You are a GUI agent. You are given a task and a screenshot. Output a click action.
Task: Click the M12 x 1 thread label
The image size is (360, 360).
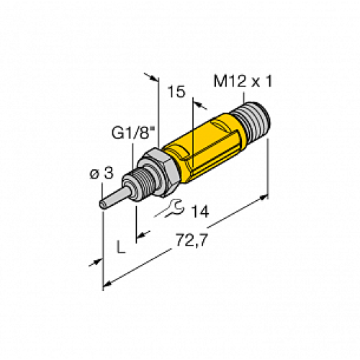pyautogui.click(x=244, y=83)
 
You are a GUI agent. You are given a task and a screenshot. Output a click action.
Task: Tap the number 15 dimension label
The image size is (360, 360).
pyautogui.click(x=175, y=92)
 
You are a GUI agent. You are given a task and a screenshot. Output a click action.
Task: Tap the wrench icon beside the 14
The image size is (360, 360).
pyautogui.click(x=170, y=210)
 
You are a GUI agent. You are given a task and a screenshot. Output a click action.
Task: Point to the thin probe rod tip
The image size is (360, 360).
pyautogui.click(x=105, y=203)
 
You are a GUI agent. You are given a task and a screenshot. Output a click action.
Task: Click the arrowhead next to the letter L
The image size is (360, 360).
pyautogui.click(x=142, y=234)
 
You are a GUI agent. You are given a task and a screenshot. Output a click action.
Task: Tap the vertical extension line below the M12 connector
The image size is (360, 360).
pyautogui.click(x=269, y=166)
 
